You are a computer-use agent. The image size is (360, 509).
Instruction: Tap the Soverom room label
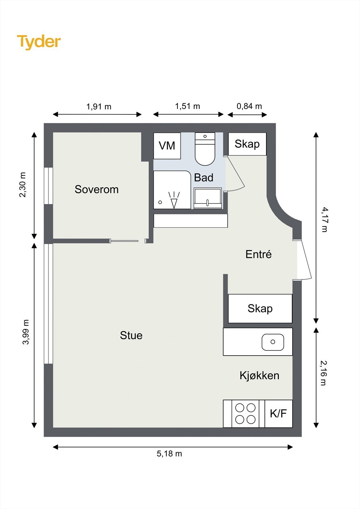(97, 189)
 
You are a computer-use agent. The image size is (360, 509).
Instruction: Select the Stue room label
(131, 335)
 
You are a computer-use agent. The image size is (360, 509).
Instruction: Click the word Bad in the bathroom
(203, 178)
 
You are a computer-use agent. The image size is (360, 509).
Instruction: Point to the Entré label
(258, 254)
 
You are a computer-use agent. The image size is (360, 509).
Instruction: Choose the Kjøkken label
(259, 375)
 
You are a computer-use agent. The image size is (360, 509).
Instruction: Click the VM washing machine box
(167, 146)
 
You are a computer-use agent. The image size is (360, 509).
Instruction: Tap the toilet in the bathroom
(205, 149)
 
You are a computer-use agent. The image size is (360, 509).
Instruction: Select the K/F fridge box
(279, 414)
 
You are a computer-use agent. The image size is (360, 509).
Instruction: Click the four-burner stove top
(245, 414)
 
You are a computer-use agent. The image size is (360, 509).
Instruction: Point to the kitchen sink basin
(273, 342)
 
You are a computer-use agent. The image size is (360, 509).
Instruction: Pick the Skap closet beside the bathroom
(247, 144)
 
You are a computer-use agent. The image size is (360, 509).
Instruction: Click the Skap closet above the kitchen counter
(260, 309)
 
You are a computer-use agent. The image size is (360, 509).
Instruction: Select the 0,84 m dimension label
(250, 106)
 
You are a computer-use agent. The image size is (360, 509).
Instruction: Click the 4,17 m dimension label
(324, 220)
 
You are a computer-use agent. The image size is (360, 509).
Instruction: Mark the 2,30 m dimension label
(23, 185)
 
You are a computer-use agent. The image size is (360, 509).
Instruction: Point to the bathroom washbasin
(208, 198)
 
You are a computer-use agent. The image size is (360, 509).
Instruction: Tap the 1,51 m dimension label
(187, 106)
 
